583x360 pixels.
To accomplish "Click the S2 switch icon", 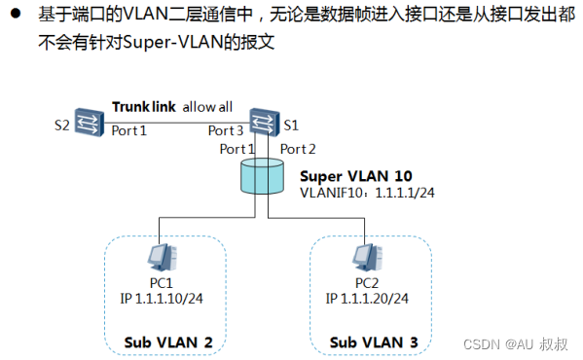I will coord(90,124).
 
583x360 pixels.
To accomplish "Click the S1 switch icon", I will coord(261,122).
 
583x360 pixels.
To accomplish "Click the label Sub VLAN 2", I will coord(167,342).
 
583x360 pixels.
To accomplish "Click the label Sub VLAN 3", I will coord(374,342).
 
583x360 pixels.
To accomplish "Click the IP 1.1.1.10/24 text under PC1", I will coord(163,298).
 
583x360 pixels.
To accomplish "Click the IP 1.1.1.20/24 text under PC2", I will coord(369,298).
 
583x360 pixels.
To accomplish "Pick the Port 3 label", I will coord(227,130).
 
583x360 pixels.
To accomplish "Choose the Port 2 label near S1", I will coord(298,149).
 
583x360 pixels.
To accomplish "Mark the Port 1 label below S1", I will coord(237,149).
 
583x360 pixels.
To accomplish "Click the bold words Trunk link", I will coord(144,107).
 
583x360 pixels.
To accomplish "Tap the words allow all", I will coord(209,107).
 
